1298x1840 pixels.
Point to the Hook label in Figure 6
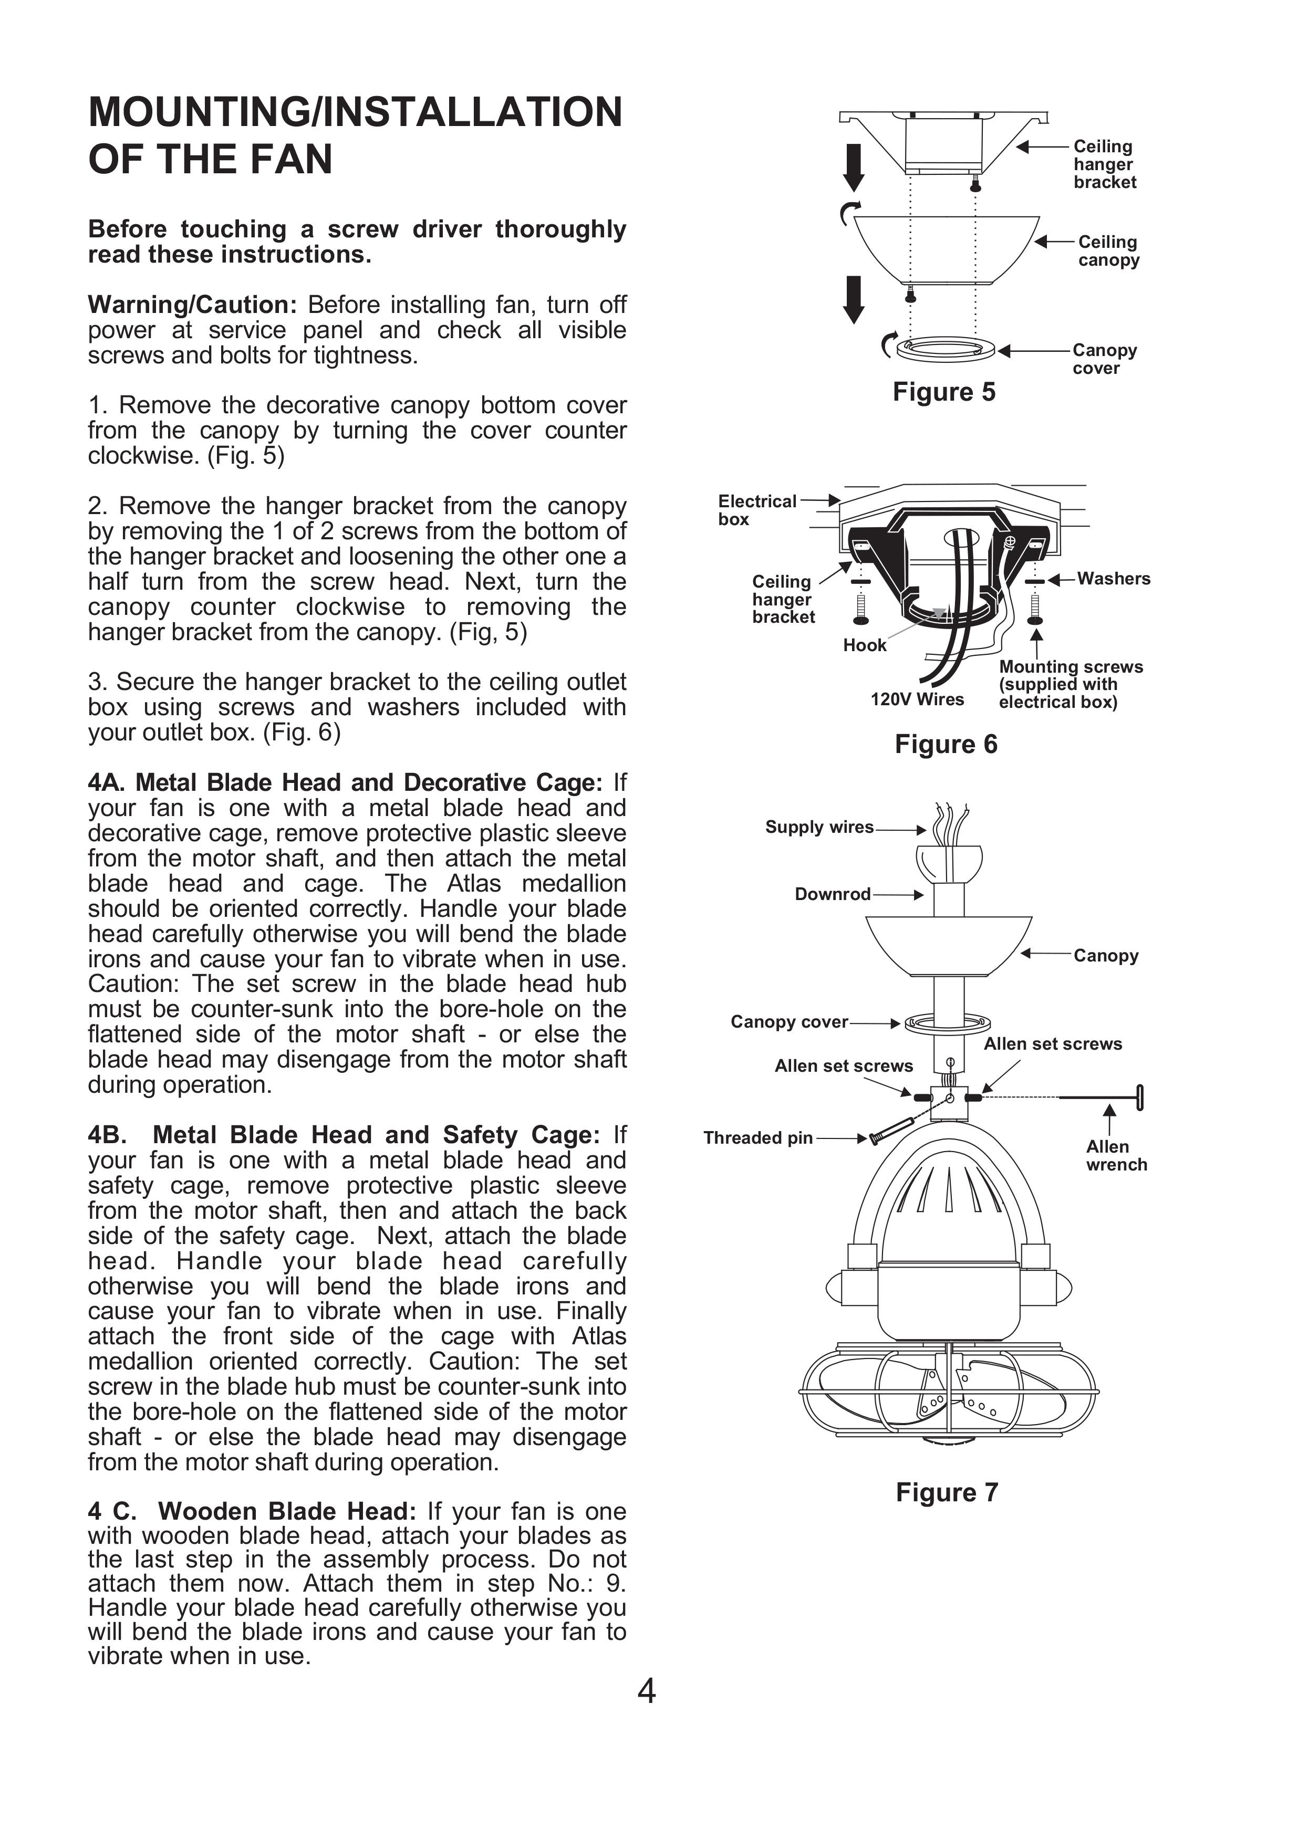point(864,645)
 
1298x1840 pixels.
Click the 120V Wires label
point(917,699)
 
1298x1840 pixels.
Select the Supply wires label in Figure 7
point(818,827)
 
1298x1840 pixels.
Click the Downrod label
point(832,894)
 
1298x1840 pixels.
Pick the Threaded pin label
point(757,1138)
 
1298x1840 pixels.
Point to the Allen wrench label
point(1115,1156)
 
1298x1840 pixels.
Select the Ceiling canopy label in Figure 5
point(1107,251)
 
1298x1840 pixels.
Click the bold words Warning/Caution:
point(192,305)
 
